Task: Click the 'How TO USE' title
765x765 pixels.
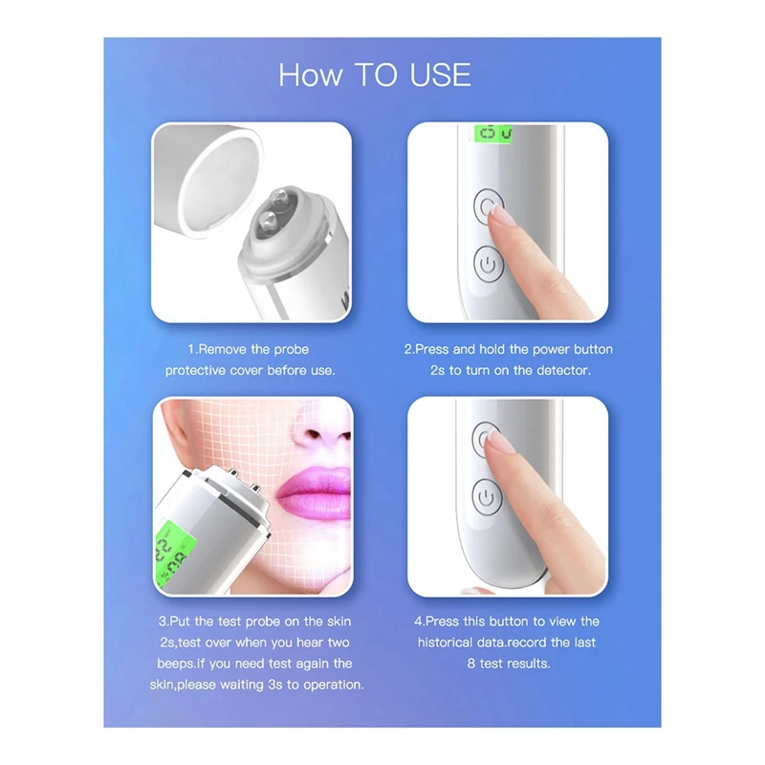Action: point(375,75)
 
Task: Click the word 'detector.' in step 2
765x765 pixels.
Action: point(563,370)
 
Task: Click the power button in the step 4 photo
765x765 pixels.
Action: point(487,497)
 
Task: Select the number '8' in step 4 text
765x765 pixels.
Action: point(470,663)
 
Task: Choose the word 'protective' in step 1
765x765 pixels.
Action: point(197,370)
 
